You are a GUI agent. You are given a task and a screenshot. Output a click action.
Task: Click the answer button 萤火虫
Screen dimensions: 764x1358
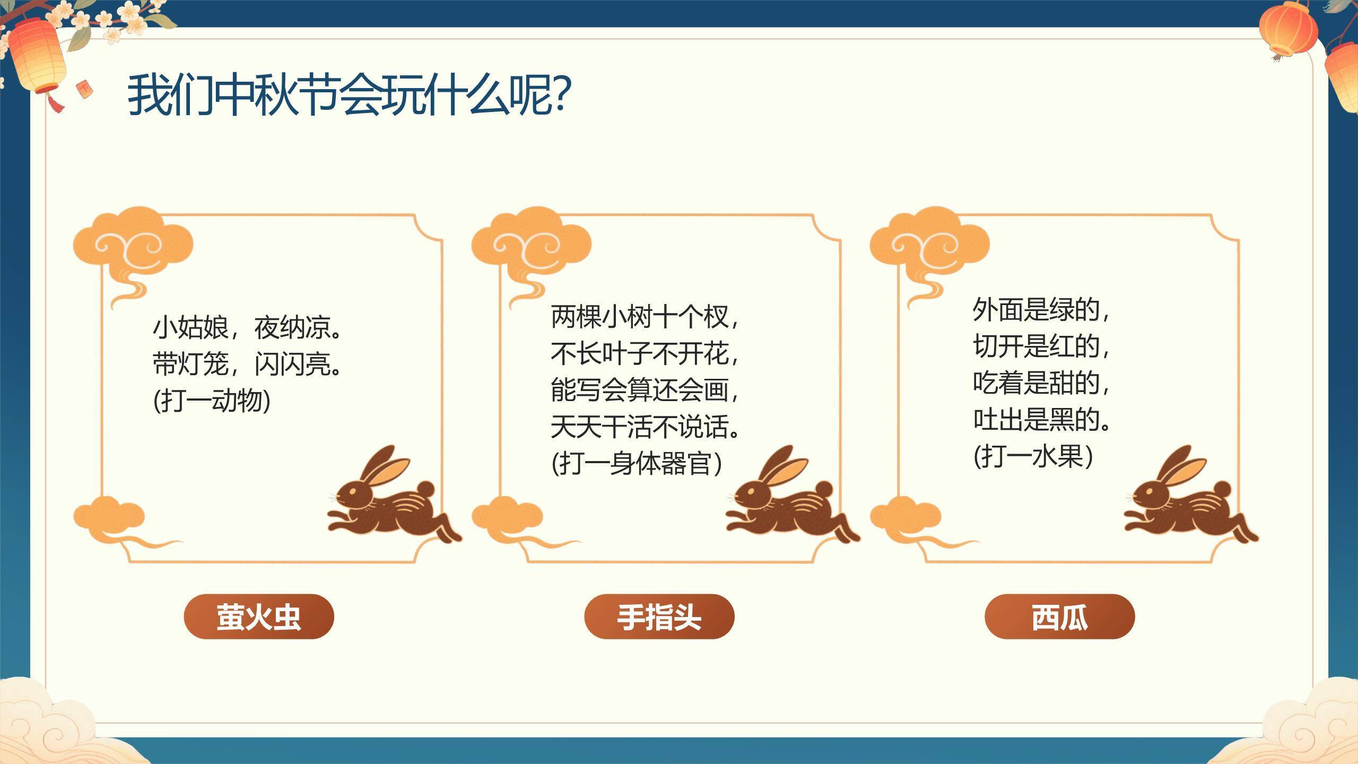(x=259, y=617)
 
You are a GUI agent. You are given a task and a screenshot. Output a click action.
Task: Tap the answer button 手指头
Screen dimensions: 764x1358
(x=659, y=617)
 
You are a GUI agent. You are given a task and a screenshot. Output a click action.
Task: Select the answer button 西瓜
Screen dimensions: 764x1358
(x=1059, y=617)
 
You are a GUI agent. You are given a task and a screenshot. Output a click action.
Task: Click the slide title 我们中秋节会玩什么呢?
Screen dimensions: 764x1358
(x=349, y=95)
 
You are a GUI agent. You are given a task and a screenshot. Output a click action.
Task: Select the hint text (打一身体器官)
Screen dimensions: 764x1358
(x=637, y=463)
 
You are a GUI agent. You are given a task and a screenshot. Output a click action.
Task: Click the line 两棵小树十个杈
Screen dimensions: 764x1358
(x=643, y=317)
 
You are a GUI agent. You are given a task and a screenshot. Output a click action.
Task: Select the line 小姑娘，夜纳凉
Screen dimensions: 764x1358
(x=247, y=328)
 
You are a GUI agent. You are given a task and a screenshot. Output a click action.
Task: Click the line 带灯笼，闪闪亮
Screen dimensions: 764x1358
(x=247, y=364)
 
